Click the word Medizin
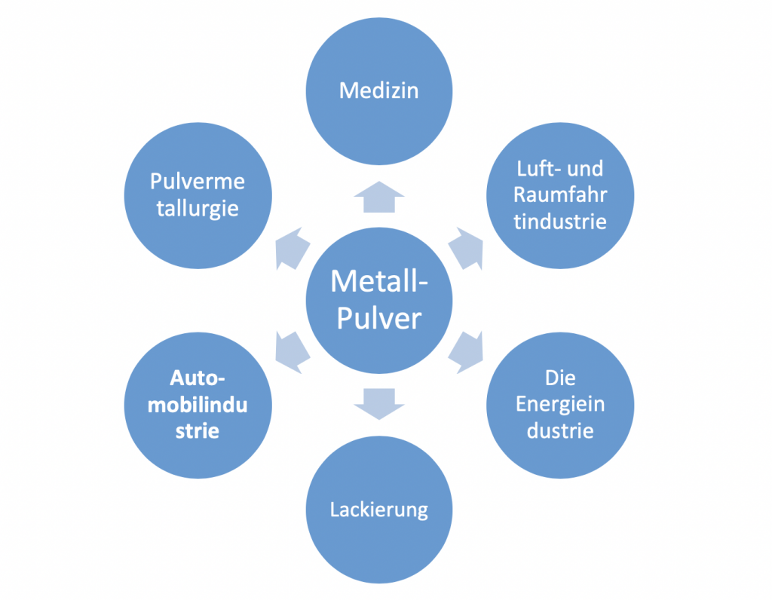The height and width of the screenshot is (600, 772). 378,91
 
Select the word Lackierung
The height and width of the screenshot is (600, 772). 378,510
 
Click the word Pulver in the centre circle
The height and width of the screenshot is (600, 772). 378,318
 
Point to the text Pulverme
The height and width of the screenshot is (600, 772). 198,182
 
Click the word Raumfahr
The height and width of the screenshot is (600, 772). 560,194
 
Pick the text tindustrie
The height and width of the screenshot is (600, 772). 560,222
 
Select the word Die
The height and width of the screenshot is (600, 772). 560,377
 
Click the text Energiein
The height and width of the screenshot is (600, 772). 560,404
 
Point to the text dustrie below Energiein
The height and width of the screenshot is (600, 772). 560,430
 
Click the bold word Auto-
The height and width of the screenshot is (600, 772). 198,378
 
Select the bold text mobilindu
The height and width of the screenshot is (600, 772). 198,405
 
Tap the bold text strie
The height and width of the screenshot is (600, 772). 198,432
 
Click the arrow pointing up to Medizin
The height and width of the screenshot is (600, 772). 378,197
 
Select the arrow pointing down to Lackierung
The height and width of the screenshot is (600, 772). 378,403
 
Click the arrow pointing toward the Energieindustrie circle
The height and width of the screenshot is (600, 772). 466,349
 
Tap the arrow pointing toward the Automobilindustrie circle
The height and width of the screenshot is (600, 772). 293,348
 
